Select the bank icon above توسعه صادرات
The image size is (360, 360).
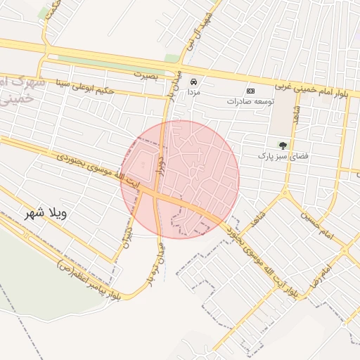click(x=251, y=91)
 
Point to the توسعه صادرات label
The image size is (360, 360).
click(x=250, y=101)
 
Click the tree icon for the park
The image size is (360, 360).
click(x=283, y=146)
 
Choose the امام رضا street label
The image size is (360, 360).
click(x=326, y=270)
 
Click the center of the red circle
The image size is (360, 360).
click(x=180, y=179)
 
